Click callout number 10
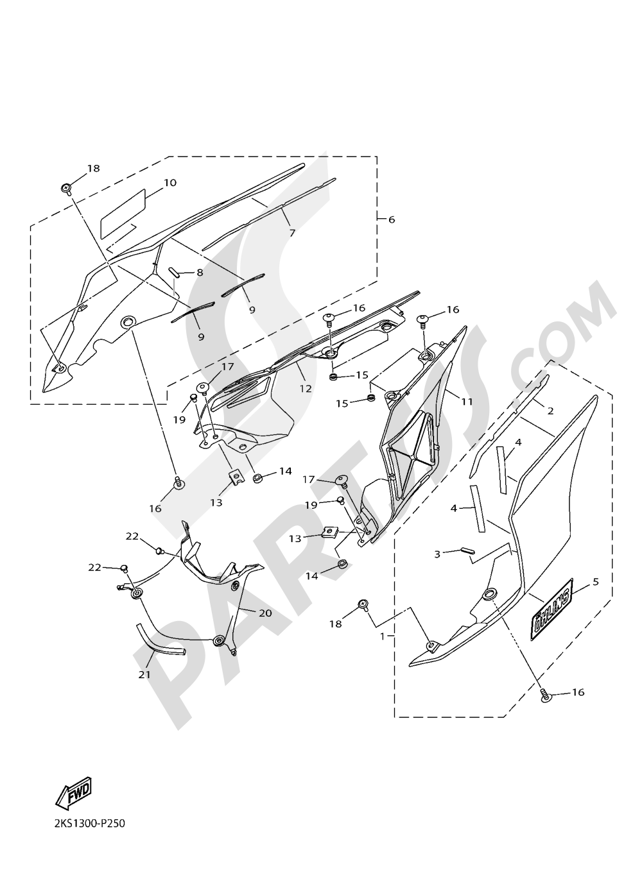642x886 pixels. (x=169, y=183)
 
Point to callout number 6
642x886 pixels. (x=391, y=219)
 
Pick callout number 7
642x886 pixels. (x=291, y=233)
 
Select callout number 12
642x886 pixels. (x=305, y=388)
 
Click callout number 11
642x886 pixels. (x=466, y=402)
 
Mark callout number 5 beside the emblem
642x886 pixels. (x=595, y=582)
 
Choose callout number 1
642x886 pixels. (x=383, y=636)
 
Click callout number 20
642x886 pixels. (x=265, y=613)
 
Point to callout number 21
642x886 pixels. (x=144, y=674)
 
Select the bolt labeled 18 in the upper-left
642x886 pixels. (x=67, y=188)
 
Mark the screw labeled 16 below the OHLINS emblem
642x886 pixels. (x=544, y=694)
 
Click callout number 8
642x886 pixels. (x=200, y=272)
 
